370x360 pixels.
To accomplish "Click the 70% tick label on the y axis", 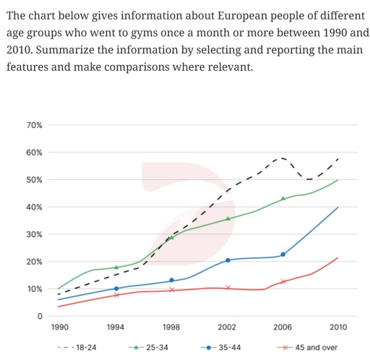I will click(x=34, y=125).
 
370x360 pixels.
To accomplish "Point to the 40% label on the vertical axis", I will click(x=34, y=207).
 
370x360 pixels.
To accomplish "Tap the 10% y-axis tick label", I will click(x=34, y=289).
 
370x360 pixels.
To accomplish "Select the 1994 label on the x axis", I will click(x=116, y=327).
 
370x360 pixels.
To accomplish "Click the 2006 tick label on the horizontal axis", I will click(x=283, y=327).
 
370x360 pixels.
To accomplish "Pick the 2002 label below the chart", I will click(x=228, y=327).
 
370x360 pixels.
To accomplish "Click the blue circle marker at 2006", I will click(x=283, y=254).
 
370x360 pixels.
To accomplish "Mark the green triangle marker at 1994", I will click(x=116, y=267).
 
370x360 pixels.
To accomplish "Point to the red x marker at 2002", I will click(x=228, y=288).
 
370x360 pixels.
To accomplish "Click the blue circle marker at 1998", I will click(x=171, y=280).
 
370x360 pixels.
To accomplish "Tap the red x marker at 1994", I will click(x=116, y=295).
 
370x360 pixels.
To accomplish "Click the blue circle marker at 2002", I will click(x=228, y=260).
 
